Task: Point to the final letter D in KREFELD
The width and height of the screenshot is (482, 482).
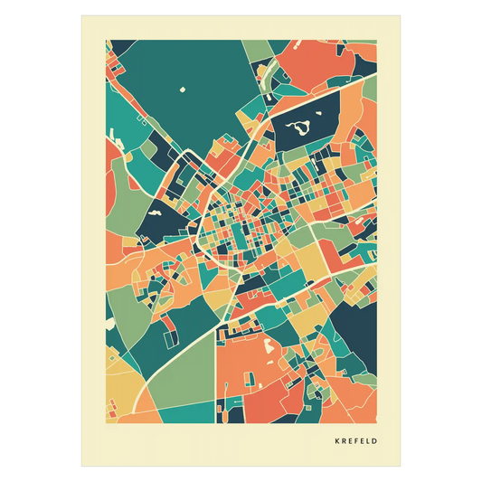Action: tap(374, 441)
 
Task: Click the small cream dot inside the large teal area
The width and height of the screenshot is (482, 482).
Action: tap(182, 90)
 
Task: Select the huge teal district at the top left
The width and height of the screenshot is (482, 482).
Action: tap(181, 81)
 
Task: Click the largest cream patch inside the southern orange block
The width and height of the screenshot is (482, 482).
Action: tap(268, 345)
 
